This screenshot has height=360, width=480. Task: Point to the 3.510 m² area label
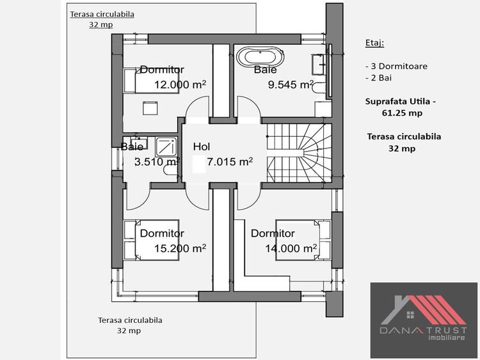(x=156, y=162)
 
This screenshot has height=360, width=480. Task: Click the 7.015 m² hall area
(x=229, y=162)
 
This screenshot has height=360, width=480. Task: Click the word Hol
(x=201, y=146)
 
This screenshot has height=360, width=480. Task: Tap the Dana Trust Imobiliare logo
(x=424, y=320)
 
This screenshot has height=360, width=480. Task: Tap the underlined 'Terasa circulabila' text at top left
(x=102, y=14)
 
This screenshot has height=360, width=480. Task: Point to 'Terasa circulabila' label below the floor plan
(x=130, y=320)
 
